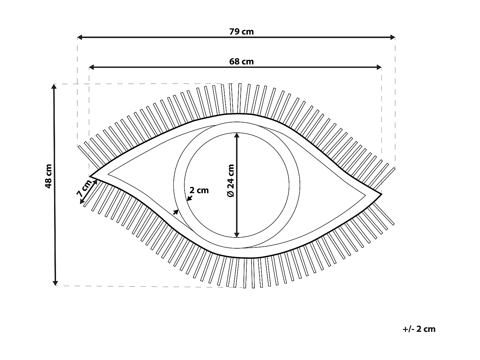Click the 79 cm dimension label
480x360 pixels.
pos(241,32)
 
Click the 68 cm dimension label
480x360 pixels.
pos(241,62)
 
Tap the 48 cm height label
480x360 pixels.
pos(48,176)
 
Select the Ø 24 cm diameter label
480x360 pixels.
pos(231,180)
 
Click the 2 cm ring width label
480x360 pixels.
pos(199,190)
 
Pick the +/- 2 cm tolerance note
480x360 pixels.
pos(419,329)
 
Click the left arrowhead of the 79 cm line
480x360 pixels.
pos(80,37)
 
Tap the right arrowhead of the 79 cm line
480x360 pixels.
pos(393,37)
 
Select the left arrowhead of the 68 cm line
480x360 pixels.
pos(92,67)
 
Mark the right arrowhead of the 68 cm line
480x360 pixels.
pos(379,67)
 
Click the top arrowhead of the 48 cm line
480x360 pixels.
pos(54,86)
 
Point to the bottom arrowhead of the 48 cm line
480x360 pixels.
pos(55,283)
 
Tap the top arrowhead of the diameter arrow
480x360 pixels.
pos(236,135)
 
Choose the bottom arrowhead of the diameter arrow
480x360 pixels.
pos(236,235)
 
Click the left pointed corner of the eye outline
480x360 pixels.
pos(90,176)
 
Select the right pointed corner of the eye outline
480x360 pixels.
pos(381,194)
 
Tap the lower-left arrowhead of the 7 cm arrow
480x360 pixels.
pos(82,202)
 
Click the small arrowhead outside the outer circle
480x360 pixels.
pos(176,212)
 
